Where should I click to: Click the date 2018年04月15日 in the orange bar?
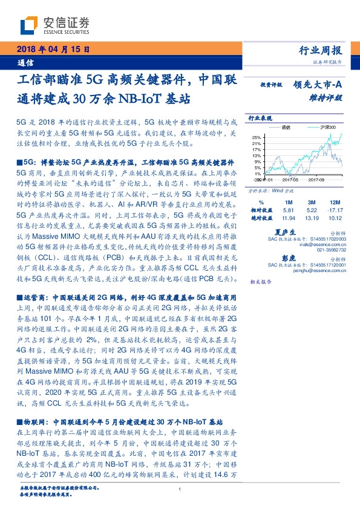coord(51,49)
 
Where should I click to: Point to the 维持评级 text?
coord(329,97)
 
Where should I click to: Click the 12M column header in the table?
coord(332,202)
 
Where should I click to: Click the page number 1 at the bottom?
coord(180,489)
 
